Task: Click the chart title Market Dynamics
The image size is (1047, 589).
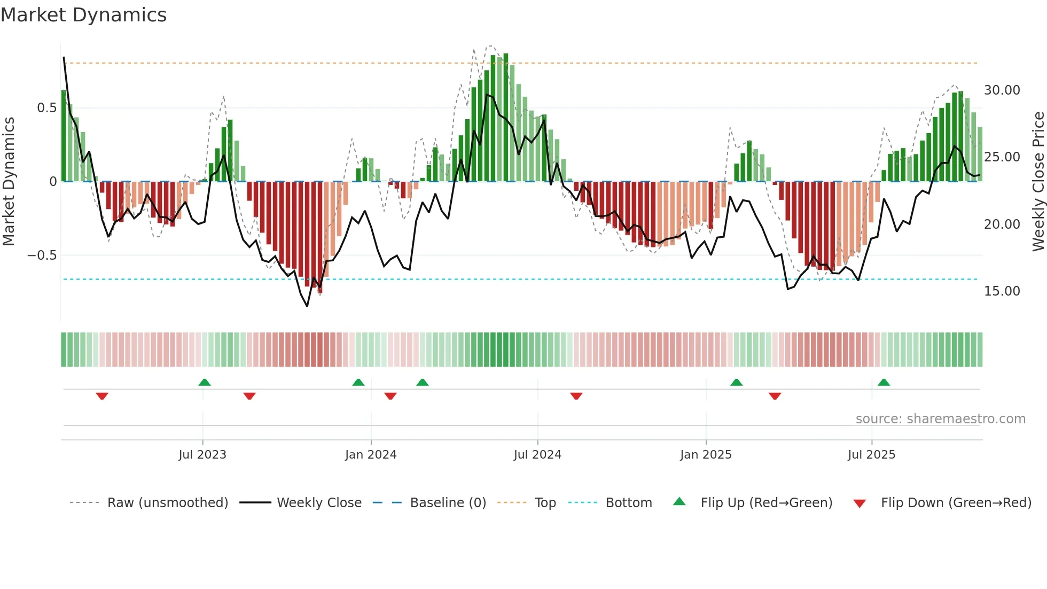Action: coord(83,15)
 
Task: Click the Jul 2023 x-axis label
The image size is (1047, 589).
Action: coord(202,455)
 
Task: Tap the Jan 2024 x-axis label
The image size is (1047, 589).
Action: coord(371,455)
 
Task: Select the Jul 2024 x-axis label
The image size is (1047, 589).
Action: coord(537,455)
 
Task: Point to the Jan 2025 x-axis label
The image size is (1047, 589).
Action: coord(706,455)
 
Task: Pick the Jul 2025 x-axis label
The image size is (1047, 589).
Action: coord(871,455)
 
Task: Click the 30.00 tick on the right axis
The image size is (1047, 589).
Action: coord(1002,90)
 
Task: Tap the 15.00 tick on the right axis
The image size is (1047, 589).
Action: coord(1002,291)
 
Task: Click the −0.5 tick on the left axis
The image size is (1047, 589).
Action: coord(42,255)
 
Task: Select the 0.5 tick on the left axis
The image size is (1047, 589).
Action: coord(46,108)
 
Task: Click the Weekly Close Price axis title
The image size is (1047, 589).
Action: coord(1038,181)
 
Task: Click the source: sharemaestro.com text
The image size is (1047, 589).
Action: coord(940,419)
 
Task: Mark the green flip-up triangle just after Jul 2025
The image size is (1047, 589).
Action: coord(884,383)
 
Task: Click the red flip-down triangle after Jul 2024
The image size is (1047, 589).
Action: coord(576,396)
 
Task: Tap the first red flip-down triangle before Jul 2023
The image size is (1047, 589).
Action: coord(102,396)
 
